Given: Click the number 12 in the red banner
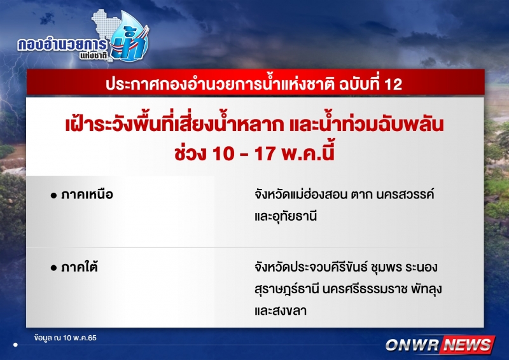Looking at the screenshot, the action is tap(393, 84).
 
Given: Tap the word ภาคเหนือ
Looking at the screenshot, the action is tap(87, 195).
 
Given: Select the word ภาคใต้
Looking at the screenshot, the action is tap(79, 267).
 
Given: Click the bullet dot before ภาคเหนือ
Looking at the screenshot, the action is tap(54, 195).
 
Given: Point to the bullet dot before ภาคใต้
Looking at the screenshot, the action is tap(54, 268).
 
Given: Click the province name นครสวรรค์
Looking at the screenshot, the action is tap(405, 194).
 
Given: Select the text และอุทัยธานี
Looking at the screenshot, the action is tap(286, 216).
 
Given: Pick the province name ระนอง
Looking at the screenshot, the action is tap(421, 268).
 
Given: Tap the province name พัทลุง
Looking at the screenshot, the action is tap(426, 289).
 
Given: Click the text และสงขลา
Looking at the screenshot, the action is tap(281, 311).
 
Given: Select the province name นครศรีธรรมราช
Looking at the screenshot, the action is tap(365, 289).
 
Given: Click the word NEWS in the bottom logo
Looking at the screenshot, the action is tap(468, 345).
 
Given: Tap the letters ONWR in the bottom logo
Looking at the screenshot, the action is tap(412, 345).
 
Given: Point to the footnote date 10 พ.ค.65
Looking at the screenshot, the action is tap(80, 338).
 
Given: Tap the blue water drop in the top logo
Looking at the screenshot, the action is tap(129, 36).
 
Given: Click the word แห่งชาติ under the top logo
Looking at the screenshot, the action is tap(94, 55).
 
